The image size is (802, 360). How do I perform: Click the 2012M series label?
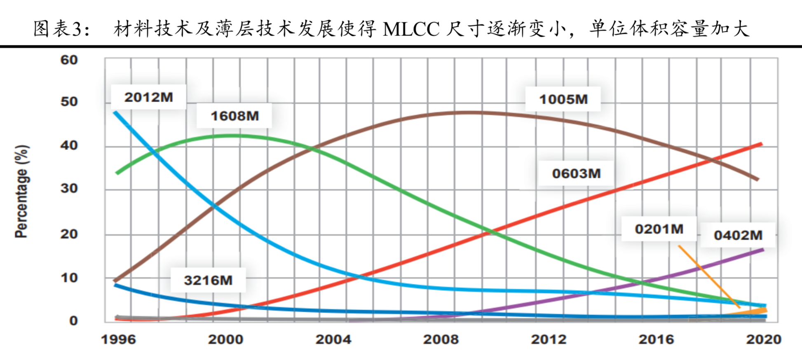[x=148, y=97]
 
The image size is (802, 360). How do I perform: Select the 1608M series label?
[x=235, y=116]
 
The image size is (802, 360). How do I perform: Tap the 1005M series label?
[x=563, y=99]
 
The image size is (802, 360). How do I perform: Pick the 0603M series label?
[x=576, y=173]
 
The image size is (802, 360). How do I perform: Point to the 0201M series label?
[x=659, y=229]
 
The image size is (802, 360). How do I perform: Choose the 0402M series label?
[x=738, y=235]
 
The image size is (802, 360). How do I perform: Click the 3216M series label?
[x=208, y=280]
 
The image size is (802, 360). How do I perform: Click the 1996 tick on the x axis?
[x=118, y=339]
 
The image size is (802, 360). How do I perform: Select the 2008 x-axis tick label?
[x=441, y=339]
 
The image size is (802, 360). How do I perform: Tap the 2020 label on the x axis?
[x=764, y=339]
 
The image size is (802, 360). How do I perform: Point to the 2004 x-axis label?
[x=333, y=339]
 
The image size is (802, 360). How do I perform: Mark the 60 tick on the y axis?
[x=69, y=60]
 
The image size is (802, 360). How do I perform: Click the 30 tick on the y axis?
[x=69, y=189]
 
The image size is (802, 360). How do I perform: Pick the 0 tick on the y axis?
[x=73, y=320]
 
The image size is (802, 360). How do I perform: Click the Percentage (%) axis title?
[x=22, y=192]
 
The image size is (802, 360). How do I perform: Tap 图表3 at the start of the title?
[x=58, y=29]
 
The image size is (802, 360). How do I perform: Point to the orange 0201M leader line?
[x=709, y=276]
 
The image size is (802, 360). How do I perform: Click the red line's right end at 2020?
[x=761, y=144]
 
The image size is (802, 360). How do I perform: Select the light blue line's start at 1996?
[x=115, y=112]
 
